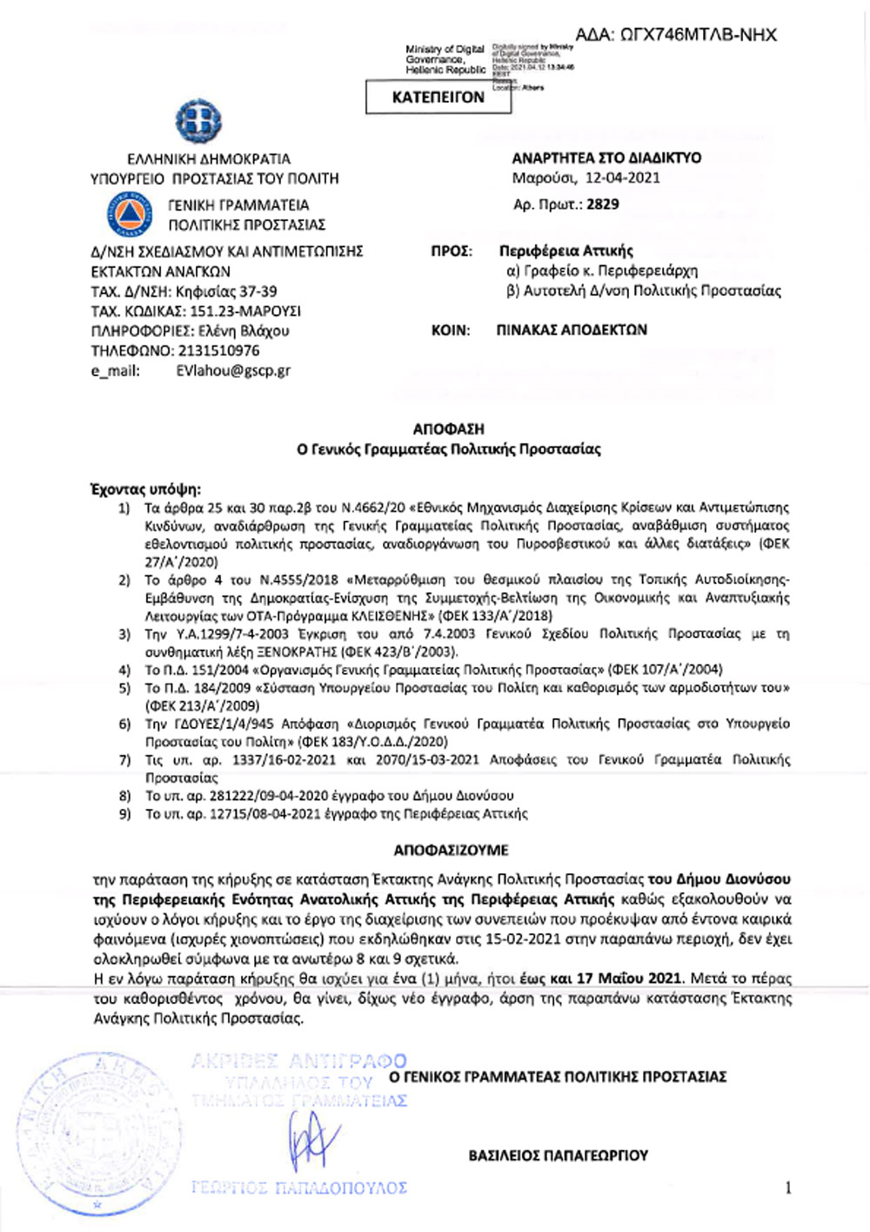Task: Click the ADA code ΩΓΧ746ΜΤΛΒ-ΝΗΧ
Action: [x=676, y=35]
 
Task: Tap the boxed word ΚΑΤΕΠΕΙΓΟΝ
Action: [x=438, y=98]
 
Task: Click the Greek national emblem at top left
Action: [x=198, y=121]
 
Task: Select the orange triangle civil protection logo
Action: [x=129, y=214]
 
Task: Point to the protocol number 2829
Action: [x=603, y=205]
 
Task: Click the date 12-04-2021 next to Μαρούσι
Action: [x=622, y=178]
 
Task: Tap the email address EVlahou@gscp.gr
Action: [x=233, y=370]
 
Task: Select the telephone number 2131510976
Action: [x=218, y=351]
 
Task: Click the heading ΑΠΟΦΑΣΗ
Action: [x=448, y=429]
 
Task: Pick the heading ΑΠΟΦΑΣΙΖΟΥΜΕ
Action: [x=451, y=850]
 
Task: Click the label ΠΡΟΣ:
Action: [x=452, y=252]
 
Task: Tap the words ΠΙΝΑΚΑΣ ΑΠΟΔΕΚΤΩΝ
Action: [x=572, y=330]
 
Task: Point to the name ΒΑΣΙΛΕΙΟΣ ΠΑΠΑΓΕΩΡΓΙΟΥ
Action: [x=558, y=1155]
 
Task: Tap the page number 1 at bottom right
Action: [x=788, y=1188]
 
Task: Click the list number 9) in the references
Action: [x=124, y=814]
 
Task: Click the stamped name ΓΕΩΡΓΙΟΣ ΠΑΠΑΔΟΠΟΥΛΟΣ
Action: [x=298, y=1188]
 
